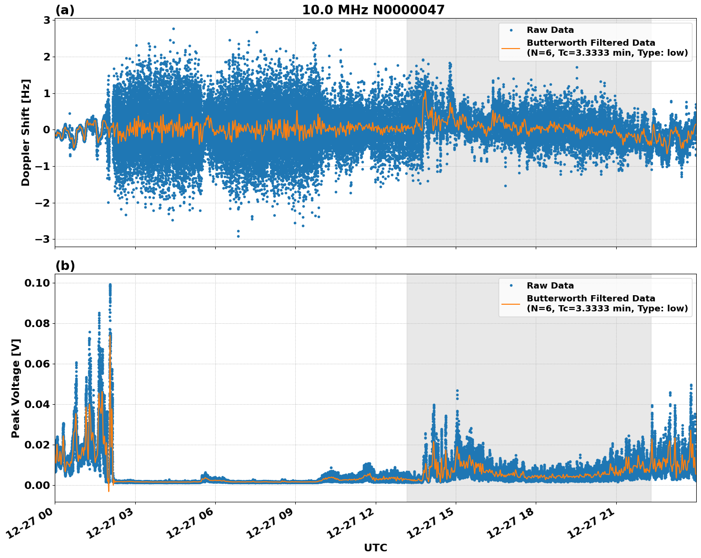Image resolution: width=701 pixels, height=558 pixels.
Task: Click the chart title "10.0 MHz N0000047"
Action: click(x=373, y=10)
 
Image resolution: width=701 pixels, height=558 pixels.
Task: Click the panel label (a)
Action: click(x=65, y=10)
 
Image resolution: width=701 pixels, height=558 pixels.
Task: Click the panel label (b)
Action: click(x=65, y=266)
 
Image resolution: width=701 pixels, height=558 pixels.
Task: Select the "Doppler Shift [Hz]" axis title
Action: click(x=26, y=132)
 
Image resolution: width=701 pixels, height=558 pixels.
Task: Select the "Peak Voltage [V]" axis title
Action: click(x=16, y=388)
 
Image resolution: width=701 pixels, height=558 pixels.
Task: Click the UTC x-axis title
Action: click(x=375, y=548)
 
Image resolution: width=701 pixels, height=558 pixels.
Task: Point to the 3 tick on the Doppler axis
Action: click(x=47, y=20)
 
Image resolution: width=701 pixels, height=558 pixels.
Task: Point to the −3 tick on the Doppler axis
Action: click(x=43, y=239)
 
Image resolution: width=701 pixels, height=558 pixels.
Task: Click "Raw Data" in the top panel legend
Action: click(x=550, y=30)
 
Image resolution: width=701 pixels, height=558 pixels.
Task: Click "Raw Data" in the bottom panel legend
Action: click(x=550, y=286)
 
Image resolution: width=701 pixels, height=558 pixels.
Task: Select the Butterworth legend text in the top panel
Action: click(x=607, y=48)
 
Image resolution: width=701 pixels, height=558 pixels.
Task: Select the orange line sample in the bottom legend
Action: click(x=511, y=303)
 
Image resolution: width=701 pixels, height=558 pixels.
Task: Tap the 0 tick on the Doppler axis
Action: click(x=47, y=130)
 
